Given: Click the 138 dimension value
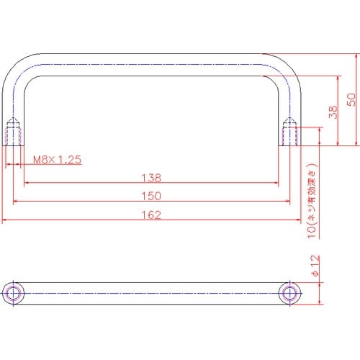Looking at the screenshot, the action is click(x=151, y=178).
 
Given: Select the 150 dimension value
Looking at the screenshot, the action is click(x=151, y=196).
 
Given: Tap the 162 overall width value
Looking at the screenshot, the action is click(x=151, y=215).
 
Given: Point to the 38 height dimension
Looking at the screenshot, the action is click(x=333, y=112).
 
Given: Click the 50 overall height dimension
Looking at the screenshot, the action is click(x=351, y=99).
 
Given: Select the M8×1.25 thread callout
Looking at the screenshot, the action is click(x=57, y=160).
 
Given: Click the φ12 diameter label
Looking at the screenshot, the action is click(x=315, y=266).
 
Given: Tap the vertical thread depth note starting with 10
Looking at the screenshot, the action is click(x=312, y=201).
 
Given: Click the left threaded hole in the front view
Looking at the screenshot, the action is click(x=13, y=132).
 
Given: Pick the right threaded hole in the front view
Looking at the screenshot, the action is click(x=289, y=132).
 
